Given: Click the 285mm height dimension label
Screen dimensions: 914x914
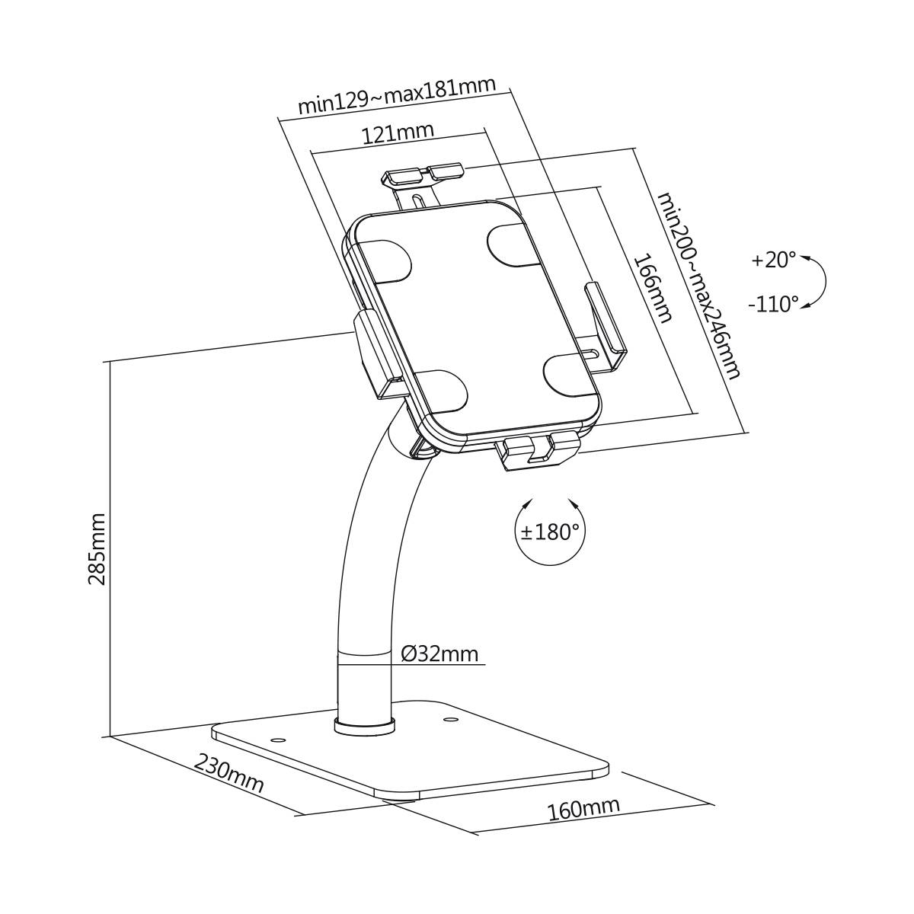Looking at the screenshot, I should pos(97,548).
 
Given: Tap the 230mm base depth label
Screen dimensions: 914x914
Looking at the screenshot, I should pos(229,773).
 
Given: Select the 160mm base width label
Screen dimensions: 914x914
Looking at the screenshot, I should pos(583,809).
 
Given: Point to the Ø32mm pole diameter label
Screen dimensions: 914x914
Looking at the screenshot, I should pos(439,654).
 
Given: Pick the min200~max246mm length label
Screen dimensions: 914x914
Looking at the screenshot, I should pos(698,285).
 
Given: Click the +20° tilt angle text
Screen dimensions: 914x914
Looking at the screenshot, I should pos(773,260).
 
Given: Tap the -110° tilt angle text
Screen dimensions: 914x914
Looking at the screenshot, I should pos(773,305).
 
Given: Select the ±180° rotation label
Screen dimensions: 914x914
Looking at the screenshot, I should pos(550,532).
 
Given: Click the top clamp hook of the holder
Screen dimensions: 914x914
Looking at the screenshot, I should pos(423,174).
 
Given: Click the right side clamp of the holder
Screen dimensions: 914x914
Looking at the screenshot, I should pos(606,320).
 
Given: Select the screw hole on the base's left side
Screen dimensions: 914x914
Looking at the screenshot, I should pos(277,739).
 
